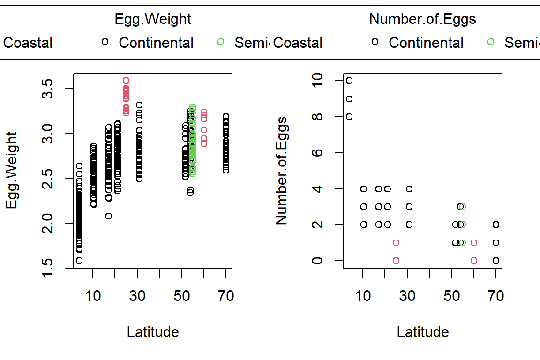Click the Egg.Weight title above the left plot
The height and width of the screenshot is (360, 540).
(x=153, y=19)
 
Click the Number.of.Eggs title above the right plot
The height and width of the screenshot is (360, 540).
(x=422, y=19)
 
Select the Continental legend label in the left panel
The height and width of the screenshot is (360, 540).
(x=156, y=43)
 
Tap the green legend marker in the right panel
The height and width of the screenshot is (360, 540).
(x=490, y=42)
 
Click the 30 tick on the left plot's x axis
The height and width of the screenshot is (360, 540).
(x=137, y=296)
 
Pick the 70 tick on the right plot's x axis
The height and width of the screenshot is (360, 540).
(x=496, y=296)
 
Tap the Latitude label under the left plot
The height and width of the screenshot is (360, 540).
(x=153, y=332)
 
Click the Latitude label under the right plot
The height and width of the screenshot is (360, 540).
(x=423, y=332)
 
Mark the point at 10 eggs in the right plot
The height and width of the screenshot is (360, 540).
(x=349, y=81)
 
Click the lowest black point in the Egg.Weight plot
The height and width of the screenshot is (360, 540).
(x=79, y=261)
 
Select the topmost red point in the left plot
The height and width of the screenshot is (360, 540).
(x=126, y=81)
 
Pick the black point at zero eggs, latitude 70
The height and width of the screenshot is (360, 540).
(x=496, y=261)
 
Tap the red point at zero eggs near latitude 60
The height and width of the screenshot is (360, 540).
(x=474, y=261)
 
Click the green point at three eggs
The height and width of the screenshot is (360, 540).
(x=463, y=207)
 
